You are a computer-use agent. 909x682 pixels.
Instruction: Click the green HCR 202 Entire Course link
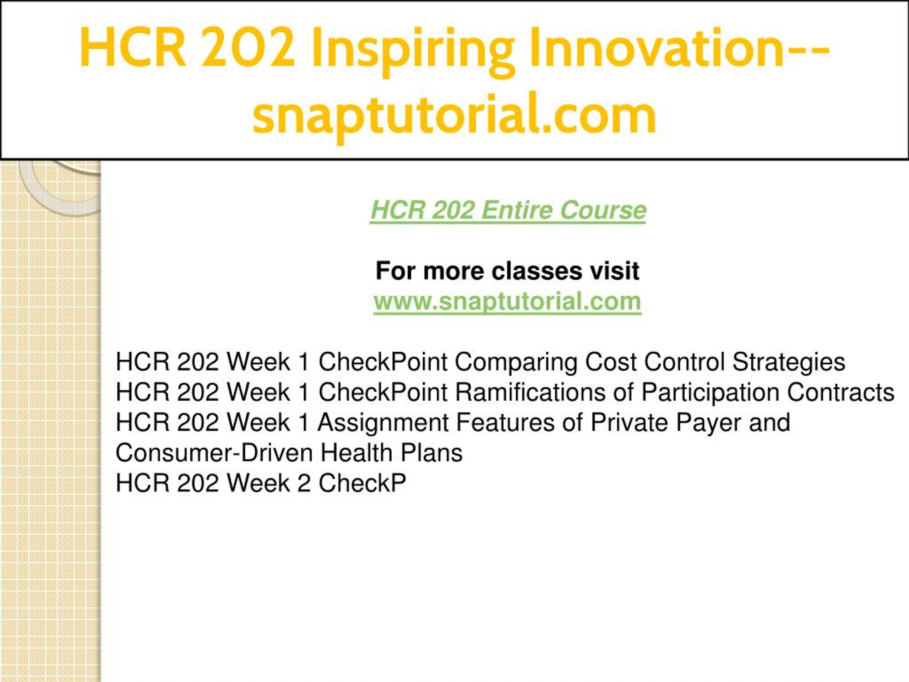pos(508,211)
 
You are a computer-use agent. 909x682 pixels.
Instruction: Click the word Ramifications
pos(530,392)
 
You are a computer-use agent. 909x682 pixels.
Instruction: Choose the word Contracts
pos(841,393)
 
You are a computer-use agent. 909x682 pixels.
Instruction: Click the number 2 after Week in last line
pos(303,483)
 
